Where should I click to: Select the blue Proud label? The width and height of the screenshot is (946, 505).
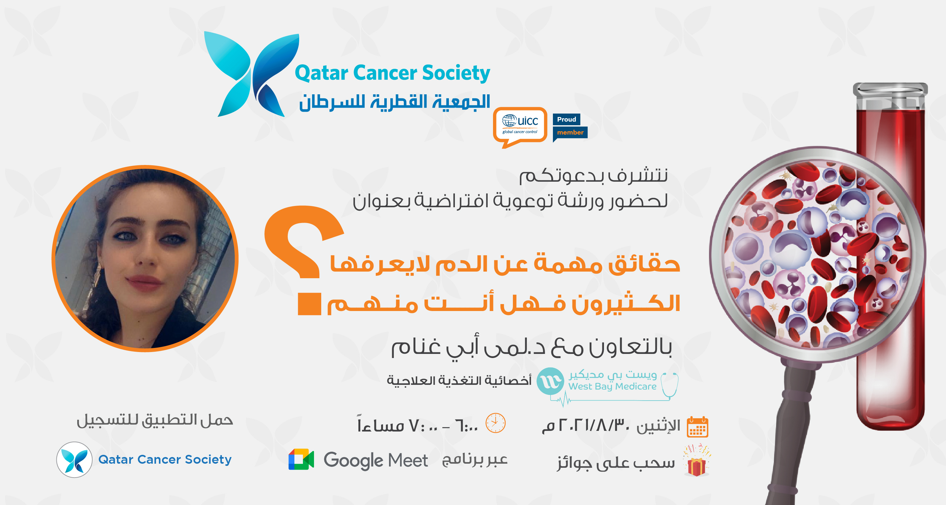click(x=566, y=120)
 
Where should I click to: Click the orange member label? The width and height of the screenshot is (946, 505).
click(x=570, y=132)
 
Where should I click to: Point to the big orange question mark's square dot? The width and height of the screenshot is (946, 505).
click(x=309, y=304)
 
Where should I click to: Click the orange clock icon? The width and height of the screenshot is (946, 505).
click(x=496, y=423)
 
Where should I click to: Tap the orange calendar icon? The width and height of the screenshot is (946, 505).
click(x=697, y=427)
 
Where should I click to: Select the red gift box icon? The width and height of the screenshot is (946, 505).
click(x=696, y=466)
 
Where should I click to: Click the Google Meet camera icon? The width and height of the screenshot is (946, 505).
click(x=301, y=460)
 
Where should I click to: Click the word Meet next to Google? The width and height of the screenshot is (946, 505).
click(x=408, y=461)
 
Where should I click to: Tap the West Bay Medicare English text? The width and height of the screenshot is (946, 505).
click(x=612, y=387)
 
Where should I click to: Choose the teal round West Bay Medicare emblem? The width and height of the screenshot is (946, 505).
click(x=550, y=381)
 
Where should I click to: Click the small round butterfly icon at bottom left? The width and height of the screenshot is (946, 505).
click(x=74, y=460)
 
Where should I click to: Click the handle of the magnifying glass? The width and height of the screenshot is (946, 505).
click(x=790, y=434)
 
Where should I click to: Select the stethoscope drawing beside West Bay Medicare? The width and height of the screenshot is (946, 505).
click(x=669, y=385)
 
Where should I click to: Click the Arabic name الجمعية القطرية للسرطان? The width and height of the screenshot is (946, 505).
click(x=395, y=102)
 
